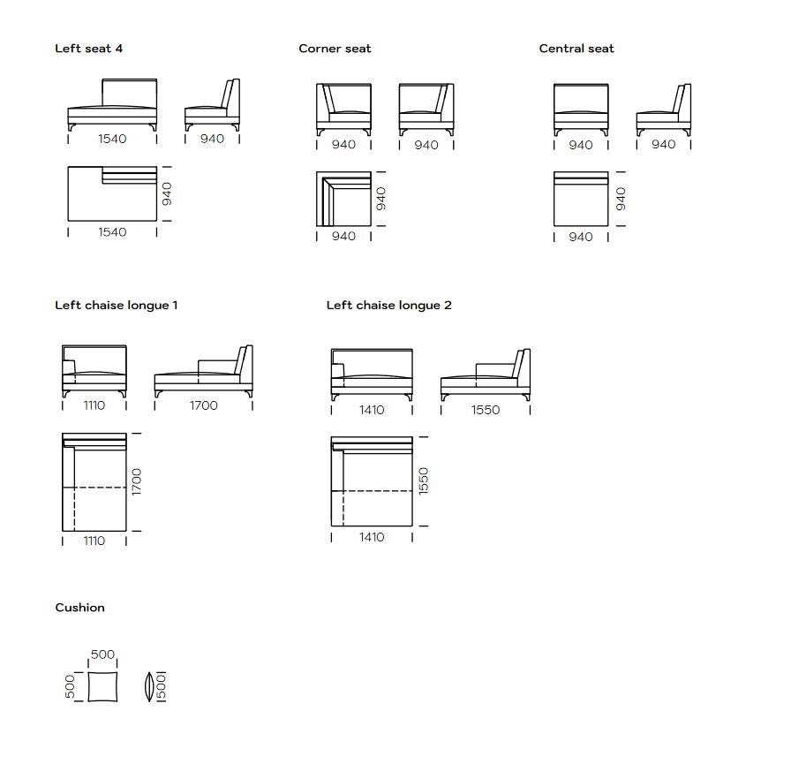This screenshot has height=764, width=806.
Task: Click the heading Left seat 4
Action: [x=88, y=49]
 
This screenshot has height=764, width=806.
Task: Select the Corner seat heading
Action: [x=335, y=49]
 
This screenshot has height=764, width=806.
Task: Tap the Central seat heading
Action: [x=576, y=49]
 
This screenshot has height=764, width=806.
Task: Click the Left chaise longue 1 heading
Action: [x=117, y=306]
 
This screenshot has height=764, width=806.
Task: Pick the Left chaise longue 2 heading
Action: [x=389, y=306]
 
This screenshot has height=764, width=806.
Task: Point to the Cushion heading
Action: [x=79, y=608]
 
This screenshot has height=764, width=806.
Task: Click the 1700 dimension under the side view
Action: [x=204, y=405]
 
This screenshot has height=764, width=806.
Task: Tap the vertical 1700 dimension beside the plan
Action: [x=136, y=482]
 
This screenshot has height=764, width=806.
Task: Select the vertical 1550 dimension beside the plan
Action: [x=424, y=481]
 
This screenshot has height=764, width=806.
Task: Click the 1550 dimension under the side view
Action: [x=486, y=410]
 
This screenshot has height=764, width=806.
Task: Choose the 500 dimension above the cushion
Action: [x=102, y=654]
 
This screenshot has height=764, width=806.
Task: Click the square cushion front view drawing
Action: [x=102, y=687]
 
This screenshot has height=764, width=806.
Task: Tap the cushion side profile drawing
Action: [x=149, y=687]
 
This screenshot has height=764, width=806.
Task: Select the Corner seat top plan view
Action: [x=343, y=199]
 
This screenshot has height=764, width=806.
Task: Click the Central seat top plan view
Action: [x=581, y=199]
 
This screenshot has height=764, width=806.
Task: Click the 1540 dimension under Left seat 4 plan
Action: [x=113, y=232]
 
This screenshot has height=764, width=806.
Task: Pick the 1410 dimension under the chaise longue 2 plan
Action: [x=372, y=537]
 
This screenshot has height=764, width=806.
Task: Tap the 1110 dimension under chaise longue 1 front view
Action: [x=94, y=405]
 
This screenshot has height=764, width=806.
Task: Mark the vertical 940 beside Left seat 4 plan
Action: [x=167, y=193]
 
